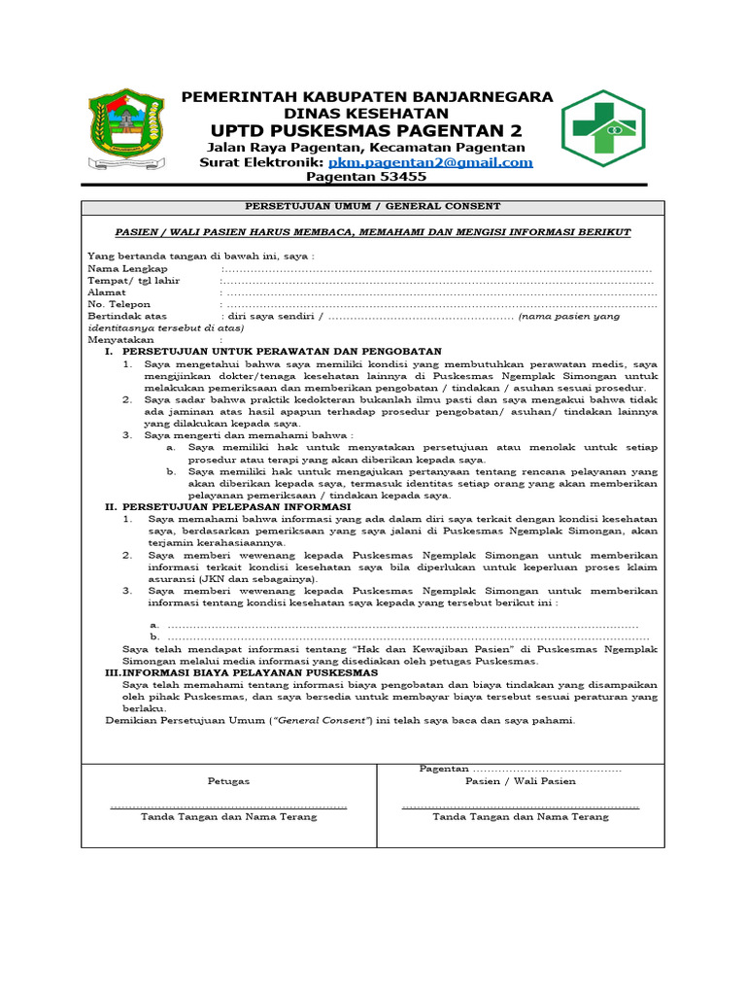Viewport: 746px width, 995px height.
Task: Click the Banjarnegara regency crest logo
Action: click(x=129, y=128)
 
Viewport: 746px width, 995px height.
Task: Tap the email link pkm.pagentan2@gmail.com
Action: click(x=430, y=162)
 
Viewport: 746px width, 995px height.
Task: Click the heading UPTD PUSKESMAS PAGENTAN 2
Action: click(x=366, y=130)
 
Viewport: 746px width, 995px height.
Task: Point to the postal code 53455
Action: click(x=400, y=177)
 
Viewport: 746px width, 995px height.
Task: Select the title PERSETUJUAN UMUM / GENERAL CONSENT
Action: click(x=373, y=207)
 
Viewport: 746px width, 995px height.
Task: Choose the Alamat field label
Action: click(x=107, y=292)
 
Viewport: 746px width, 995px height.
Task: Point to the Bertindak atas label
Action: click(x=127, y=316)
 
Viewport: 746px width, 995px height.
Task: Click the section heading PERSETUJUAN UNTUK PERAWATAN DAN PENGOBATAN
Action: click(x=282, y=351)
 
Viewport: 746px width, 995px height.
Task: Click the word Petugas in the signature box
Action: click(x=228, y=781)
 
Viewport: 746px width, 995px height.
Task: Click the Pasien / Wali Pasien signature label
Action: click(x=520, y=781)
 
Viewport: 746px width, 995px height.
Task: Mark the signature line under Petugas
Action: click(x=228, y=806)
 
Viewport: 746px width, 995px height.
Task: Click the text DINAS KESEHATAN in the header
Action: click(x=367, y=113)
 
